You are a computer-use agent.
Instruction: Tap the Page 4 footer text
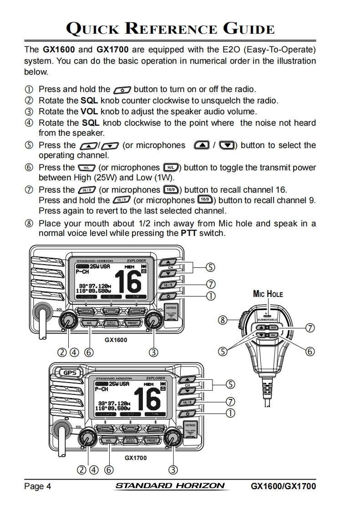(x=37, y=486)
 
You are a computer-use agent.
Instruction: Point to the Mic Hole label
(x=268, y=294)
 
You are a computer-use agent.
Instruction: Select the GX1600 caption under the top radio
(x=116, y=340)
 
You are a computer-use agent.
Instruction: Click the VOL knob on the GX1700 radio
(x=173, y=438)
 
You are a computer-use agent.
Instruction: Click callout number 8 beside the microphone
(x=223, y=320)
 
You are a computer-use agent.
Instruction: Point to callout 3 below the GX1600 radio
(x=154, y=352)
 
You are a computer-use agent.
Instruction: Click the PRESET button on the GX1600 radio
(x=132, y=323)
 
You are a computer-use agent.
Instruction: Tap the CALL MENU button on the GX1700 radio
(x=131, y=440)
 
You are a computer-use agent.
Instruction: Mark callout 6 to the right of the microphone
(x=310, y=351)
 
